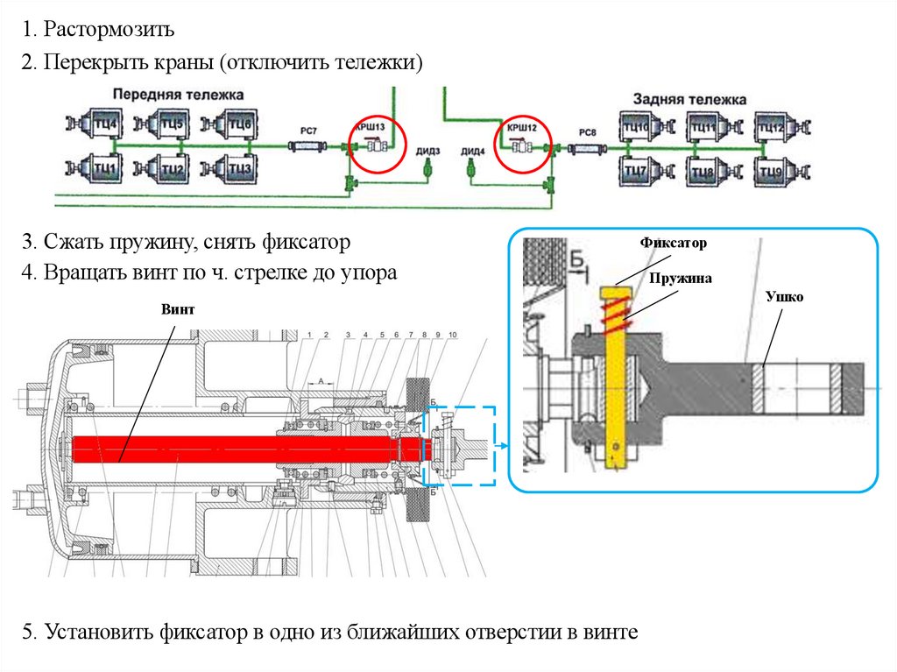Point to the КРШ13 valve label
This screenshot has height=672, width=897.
pos(368,128)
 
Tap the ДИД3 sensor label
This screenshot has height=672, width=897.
pos(428,151)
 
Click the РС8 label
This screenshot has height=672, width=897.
pos(588,131)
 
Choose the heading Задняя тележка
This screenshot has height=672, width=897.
pos(689,99)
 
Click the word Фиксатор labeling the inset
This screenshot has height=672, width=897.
pos(672,241)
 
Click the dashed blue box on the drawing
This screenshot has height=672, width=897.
pos(459,446)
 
